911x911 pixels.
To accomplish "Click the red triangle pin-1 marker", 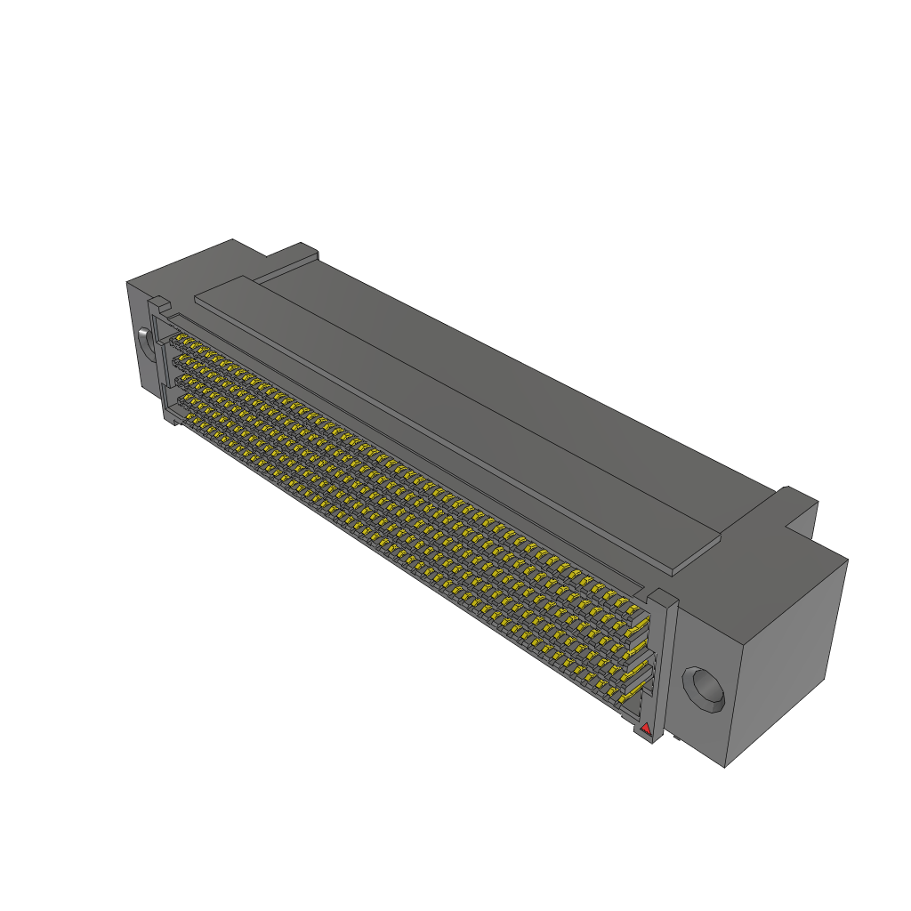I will click(x=646, y=729).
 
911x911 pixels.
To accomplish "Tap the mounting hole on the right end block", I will click(x=704, y=688).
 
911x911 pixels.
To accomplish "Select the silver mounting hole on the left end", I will click(x=142, y=341).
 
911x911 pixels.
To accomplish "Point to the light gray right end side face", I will click(x=787, y=658).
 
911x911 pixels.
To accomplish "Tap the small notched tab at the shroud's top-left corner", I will click(x=154, y=306).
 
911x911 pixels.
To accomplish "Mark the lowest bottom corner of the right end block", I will click(x=727, y=767).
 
